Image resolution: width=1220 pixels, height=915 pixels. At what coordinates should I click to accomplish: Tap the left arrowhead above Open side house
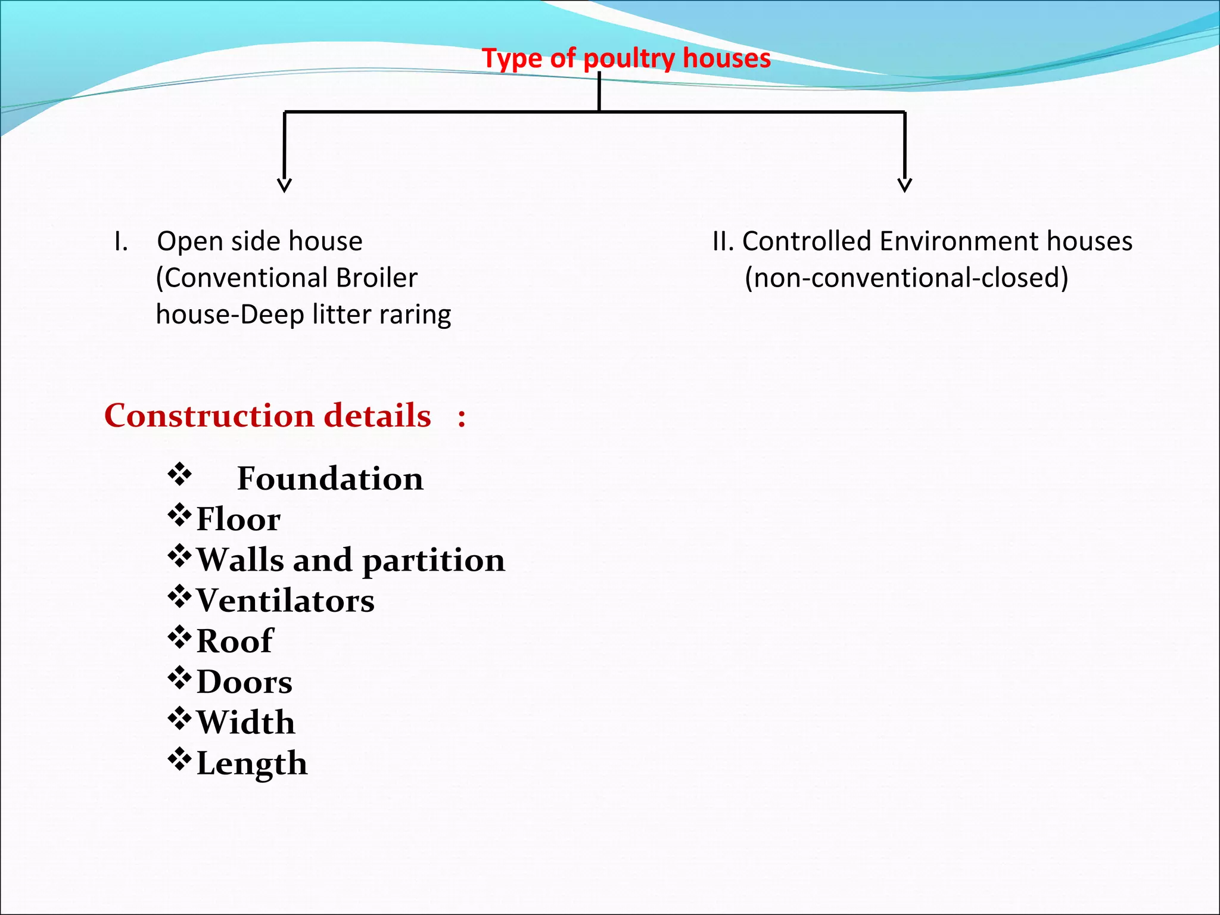click(285, 185)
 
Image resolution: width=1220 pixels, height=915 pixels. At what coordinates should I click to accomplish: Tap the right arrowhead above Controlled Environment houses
click(904, 185)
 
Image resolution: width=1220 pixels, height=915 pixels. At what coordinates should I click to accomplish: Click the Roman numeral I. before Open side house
click(121, 242)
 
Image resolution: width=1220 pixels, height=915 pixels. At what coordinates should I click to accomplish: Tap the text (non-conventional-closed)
click(906, 278)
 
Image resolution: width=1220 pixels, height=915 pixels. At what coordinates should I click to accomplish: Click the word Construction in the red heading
click(208, 415)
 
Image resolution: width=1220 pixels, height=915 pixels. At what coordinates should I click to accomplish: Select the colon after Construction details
click(462, 417)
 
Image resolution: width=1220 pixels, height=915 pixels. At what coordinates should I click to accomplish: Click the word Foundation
click(330, 478)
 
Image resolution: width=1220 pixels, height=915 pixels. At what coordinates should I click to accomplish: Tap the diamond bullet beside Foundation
click(179, 475)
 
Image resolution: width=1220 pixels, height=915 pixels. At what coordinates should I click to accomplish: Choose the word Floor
click(238, 519)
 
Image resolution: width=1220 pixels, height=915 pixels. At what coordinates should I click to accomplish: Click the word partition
click(433, 561)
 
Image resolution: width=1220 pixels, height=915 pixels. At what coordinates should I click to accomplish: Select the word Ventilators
click(285, 600)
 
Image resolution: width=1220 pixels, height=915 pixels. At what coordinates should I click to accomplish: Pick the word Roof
click(235, 641)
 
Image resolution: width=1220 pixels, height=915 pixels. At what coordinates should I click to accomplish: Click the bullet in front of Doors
click(179, 678)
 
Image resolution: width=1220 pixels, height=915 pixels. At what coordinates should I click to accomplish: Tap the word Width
click(245, 723)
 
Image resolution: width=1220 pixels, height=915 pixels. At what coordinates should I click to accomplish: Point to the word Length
click(252, 764)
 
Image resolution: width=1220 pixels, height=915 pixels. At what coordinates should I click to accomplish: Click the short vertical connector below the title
click(599, 92)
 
